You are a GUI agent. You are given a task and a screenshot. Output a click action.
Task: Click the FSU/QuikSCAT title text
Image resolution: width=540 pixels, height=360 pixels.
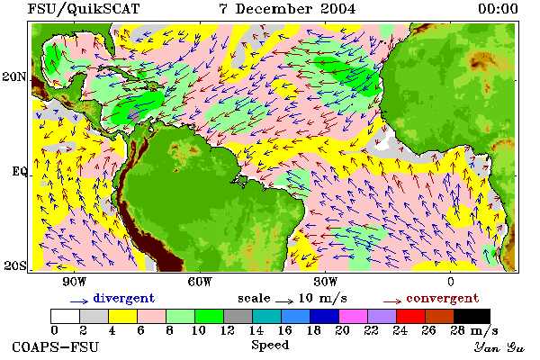click(84, 9)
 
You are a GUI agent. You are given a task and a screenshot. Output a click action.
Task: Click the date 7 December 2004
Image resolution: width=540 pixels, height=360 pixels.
click(287, 9)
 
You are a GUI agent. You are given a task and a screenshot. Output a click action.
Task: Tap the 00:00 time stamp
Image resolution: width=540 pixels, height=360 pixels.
click(498, 9)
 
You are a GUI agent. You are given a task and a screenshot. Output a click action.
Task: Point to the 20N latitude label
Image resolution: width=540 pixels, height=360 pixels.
click(14, 76)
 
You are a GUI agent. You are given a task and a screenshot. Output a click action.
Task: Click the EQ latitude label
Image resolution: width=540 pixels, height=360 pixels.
click(19, 172)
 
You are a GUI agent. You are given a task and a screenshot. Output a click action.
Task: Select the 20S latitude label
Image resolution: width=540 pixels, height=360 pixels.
click(15, 265)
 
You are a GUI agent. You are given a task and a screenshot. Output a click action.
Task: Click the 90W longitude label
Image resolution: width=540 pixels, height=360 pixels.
click(74, 282)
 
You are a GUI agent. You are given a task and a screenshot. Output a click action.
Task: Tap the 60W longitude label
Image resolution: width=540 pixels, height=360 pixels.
click(200, 282)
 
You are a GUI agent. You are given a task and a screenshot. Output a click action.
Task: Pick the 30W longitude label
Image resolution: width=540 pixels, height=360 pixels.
click(325, 282)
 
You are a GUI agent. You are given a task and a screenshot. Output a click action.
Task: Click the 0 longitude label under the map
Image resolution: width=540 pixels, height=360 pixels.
click(451, 282)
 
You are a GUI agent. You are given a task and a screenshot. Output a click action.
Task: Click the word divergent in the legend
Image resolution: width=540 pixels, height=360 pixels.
click(124, 298)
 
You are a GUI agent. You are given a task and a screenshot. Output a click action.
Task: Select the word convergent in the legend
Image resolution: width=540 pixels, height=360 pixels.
click(443, 298)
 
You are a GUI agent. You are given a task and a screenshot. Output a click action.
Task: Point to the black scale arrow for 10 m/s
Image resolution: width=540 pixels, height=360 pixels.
click(284, 301)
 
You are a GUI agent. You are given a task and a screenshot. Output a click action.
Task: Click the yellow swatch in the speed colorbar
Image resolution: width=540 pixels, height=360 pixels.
click(122, 316)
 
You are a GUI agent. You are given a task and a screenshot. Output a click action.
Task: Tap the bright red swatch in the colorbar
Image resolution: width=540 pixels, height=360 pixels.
click(410, 316)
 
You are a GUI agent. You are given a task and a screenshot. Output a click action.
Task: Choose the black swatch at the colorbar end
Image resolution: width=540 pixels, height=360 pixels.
click(472, 316)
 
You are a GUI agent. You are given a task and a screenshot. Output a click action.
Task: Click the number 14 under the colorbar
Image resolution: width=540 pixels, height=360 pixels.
click(256, 330)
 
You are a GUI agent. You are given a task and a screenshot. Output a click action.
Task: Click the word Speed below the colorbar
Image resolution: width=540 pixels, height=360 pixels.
click(270, 346)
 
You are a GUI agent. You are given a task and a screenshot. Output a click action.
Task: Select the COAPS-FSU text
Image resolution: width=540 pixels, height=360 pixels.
click(56, 346)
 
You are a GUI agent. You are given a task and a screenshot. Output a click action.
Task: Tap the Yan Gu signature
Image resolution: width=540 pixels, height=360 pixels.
click(499, 347)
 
